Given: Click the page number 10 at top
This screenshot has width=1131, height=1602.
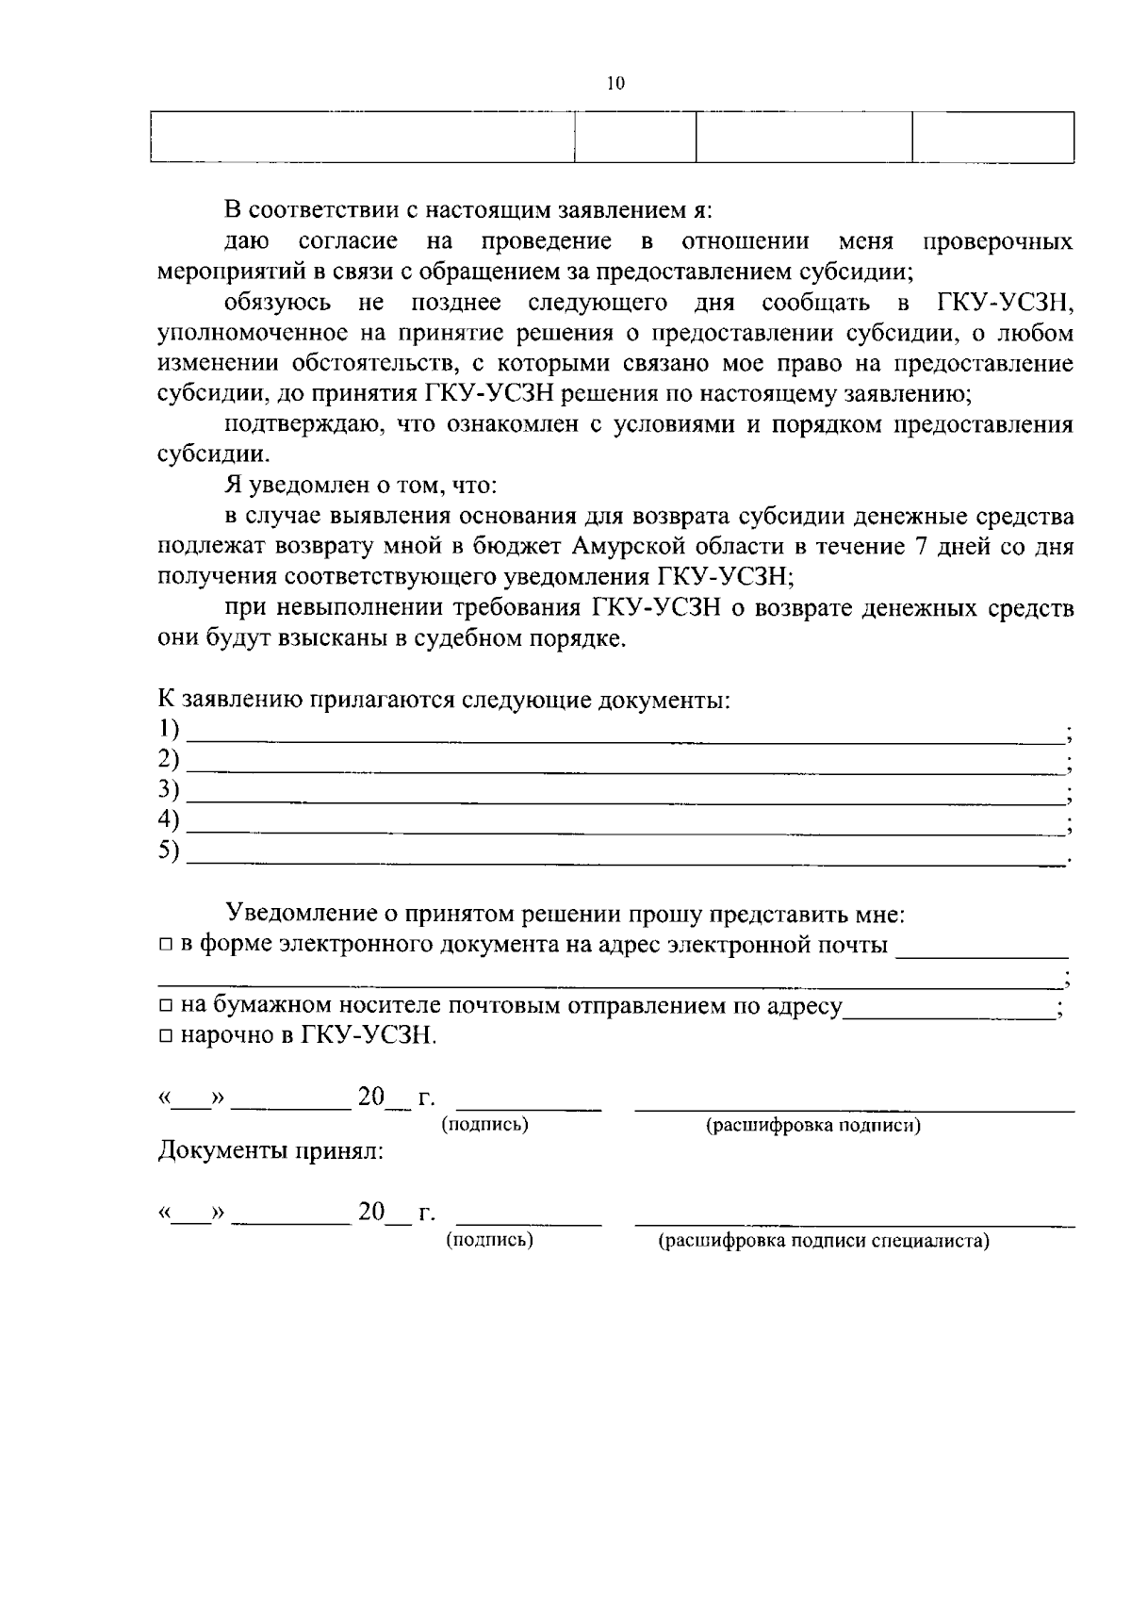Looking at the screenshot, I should pyautogui.click(x=615, y=84).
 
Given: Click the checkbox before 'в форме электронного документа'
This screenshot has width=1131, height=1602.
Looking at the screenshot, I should pyautogui.click(x=165, y=946).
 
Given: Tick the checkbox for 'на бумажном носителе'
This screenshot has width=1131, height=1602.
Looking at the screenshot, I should pyautogui.click(x=165, y=1007).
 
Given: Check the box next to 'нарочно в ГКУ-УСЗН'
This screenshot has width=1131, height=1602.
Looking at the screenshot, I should pyautogui.click(x=165, y=1036).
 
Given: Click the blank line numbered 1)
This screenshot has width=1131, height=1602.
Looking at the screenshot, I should pyautogui.click(x=622, y=735).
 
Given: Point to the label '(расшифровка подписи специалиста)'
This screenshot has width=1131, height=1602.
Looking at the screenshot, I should pyautogui.click(x=823, y=1241).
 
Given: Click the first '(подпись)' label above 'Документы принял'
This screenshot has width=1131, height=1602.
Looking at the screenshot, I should pyautogui.click(x=484, y=1124).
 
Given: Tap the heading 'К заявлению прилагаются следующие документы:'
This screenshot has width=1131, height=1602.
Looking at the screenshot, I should pyautogui.click(x=444, y=701).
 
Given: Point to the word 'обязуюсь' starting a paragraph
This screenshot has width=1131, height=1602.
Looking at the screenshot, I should pyautogui.click(x=278, y=304).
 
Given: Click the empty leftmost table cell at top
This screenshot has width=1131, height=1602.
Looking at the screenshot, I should pyautogui.click(x=363, y=138).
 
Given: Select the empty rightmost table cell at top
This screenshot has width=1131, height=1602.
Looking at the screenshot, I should pyautogui.click(x=992, y=138).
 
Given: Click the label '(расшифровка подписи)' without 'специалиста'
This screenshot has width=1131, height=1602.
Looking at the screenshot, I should pyautogui.click(x=813, y=1126).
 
